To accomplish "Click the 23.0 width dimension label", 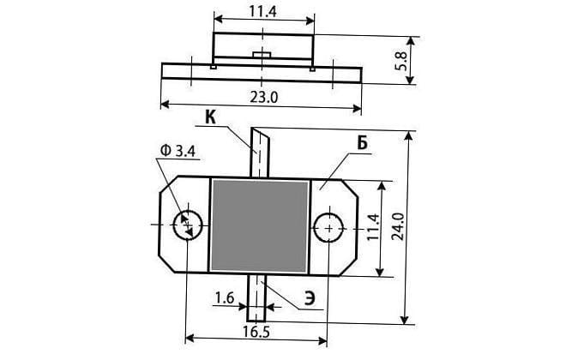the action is click(x=264, y=97).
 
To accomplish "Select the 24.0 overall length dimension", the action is click(x=397, y=226).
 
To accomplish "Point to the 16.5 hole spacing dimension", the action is click(x=256, y=332).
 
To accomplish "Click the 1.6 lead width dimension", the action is click(x=224, y=298).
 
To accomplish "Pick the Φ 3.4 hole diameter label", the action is click(x=178, y=151).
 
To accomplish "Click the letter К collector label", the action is click(x=210, y=117).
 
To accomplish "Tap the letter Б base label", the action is click(x=362, y=144).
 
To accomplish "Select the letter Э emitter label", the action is click(x=310, y=299).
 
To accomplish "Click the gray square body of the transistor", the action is click(x=259, y=226).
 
